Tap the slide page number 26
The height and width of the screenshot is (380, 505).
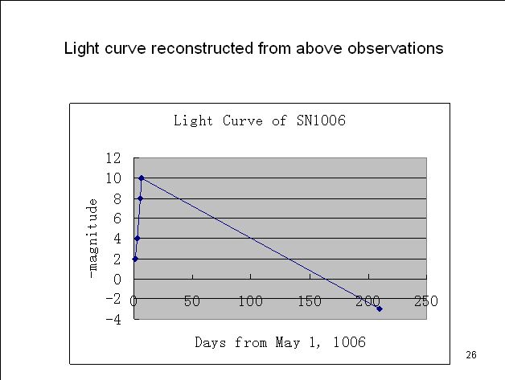(471, 355)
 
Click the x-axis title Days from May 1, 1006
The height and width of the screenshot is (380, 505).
(280, 342)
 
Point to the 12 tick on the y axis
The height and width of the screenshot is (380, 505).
(113, 158)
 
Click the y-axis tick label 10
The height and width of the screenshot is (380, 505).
(113, 178)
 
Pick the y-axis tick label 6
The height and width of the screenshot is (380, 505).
(117, 219)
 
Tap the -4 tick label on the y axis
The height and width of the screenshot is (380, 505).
(114, 319)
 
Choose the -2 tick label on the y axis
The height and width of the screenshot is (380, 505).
(114, 299)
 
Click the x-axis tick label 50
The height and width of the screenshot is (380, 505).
(192, 301)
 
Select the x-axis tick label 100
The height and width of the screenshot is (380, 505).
(251, 301)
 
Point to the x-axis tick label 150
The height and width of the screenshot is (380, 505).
(310, 301)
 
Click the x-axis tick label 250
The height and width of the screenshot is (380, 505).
(426, 301)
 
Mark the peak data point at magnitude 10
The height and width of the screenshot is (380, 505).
(142, 178)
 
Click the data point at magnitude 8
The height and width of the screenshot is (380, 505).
(140, 198)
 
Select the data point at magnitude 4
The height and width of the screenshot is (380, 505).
(138, 238)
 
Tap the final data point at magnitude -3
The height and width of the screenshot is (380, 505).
(379, 308)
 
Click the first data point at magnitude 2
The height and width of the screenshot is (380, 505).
(135, 259)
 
